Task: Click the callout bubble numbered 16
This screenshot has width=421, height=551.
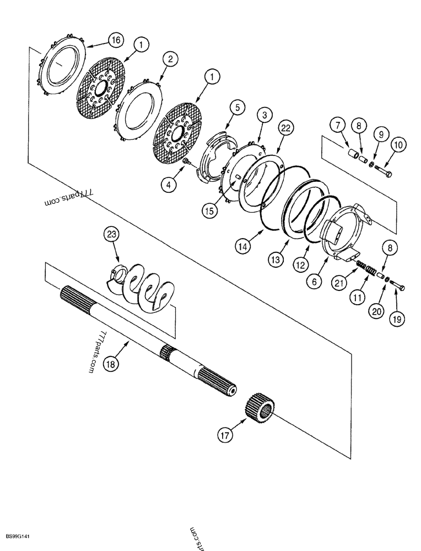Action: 116,40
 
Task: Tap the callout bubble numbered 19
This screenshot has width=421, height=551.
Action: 396,317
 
